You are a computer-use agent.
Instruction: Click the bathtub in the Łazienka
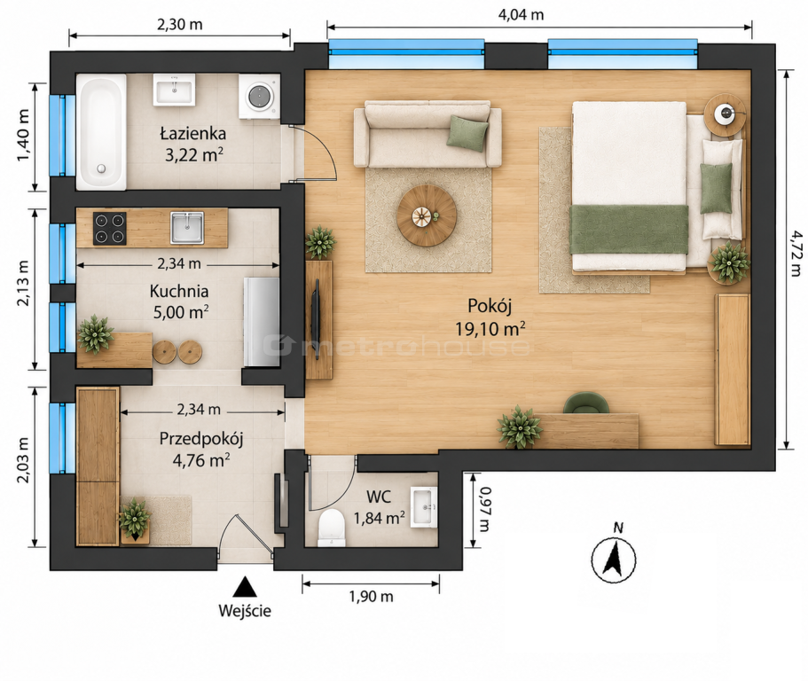pos(101,132)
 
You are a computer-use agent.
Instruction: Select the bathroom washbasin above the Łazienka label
pos(174,90)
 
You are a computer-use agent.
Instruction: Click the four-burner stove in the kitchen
pos(110,228)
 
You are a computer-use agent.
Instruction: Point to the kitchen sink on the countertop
pos(187,227)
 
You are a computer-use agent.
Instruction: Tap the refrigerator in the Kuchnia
pos(262,322)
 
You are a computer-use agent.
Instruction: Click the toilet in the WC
pos(332,527)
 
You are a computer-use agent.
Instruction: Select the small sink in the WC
pos(424,507)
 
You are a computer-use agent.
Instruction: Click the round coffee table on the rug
pos(427,215)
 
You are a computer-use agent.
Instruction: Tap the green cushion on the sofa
pos(468,133)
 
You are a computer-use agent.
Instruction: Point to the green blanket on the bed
pos(629,230)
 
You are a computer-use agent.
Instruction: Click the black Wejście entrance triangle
pos(244,587)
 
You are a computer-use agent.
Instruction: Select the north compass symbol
pos(613,555)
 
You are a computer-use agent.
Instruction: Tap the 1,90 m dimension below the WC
pos(371,597)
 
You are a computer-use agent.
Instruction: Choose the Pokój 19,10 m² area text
pos(490,317)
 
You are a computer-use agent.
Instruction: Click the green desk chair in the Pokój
pos(586,403)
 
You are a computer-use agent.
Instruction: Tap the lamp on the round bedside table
pos(726,113)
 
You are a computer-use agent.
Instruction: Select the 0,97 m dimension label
pos(485,510)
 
